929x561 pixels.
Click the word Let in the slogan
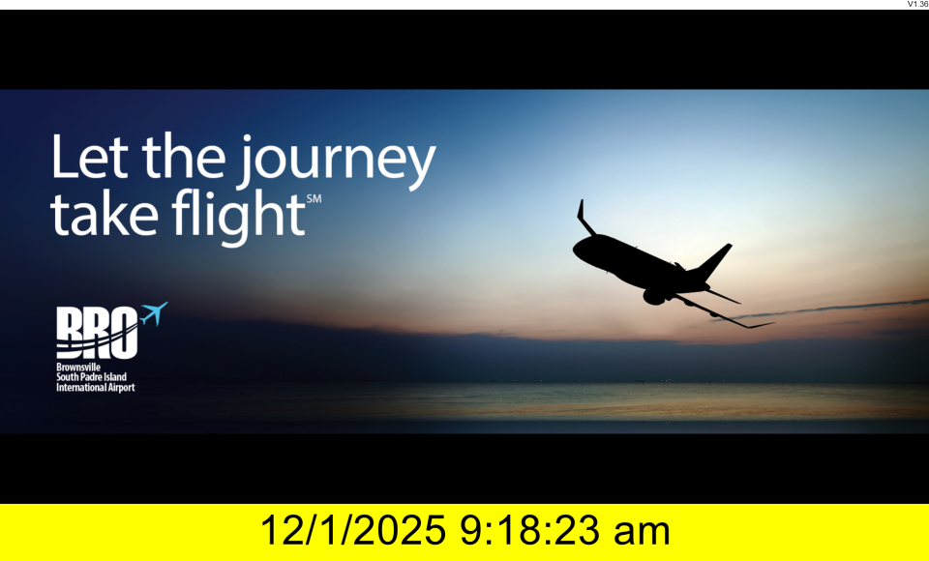coord(89,156)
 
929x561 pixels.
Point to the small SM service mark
coord(314,199)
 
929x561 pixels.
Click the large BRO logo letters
coord(97,333)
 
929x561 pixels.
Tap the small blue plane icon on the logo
coord(154,312)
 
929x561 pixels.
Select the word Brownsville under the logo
coord(78,368)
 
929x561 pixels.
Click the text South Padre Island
coord(91,377)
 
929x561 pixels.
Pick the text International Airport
coord(96,388)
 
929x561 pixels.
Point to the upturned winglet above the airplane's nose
coord(584,218)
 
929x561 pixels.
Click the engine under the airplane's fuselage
coord(653,296)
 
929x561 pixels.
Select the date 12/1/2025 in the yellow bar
coord(352,530)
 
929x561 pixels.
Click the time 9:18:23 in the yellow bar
coord(529,530)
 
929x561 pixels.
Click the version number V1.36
coord(917,4)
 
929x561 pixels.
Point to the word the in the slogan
coord(184,156)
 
